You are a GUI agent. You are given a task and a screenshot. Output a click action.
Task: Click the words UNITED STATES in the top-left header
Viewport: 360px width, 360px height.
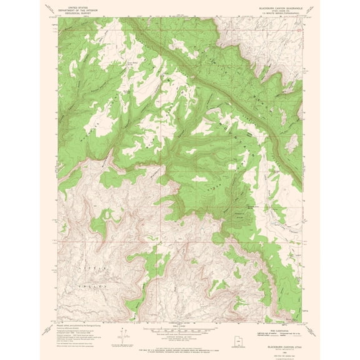[71, 3]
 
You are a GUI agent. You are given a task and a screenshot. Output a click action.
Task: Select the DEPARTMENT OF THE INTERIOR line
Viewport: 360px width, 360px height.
[71, 6]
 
